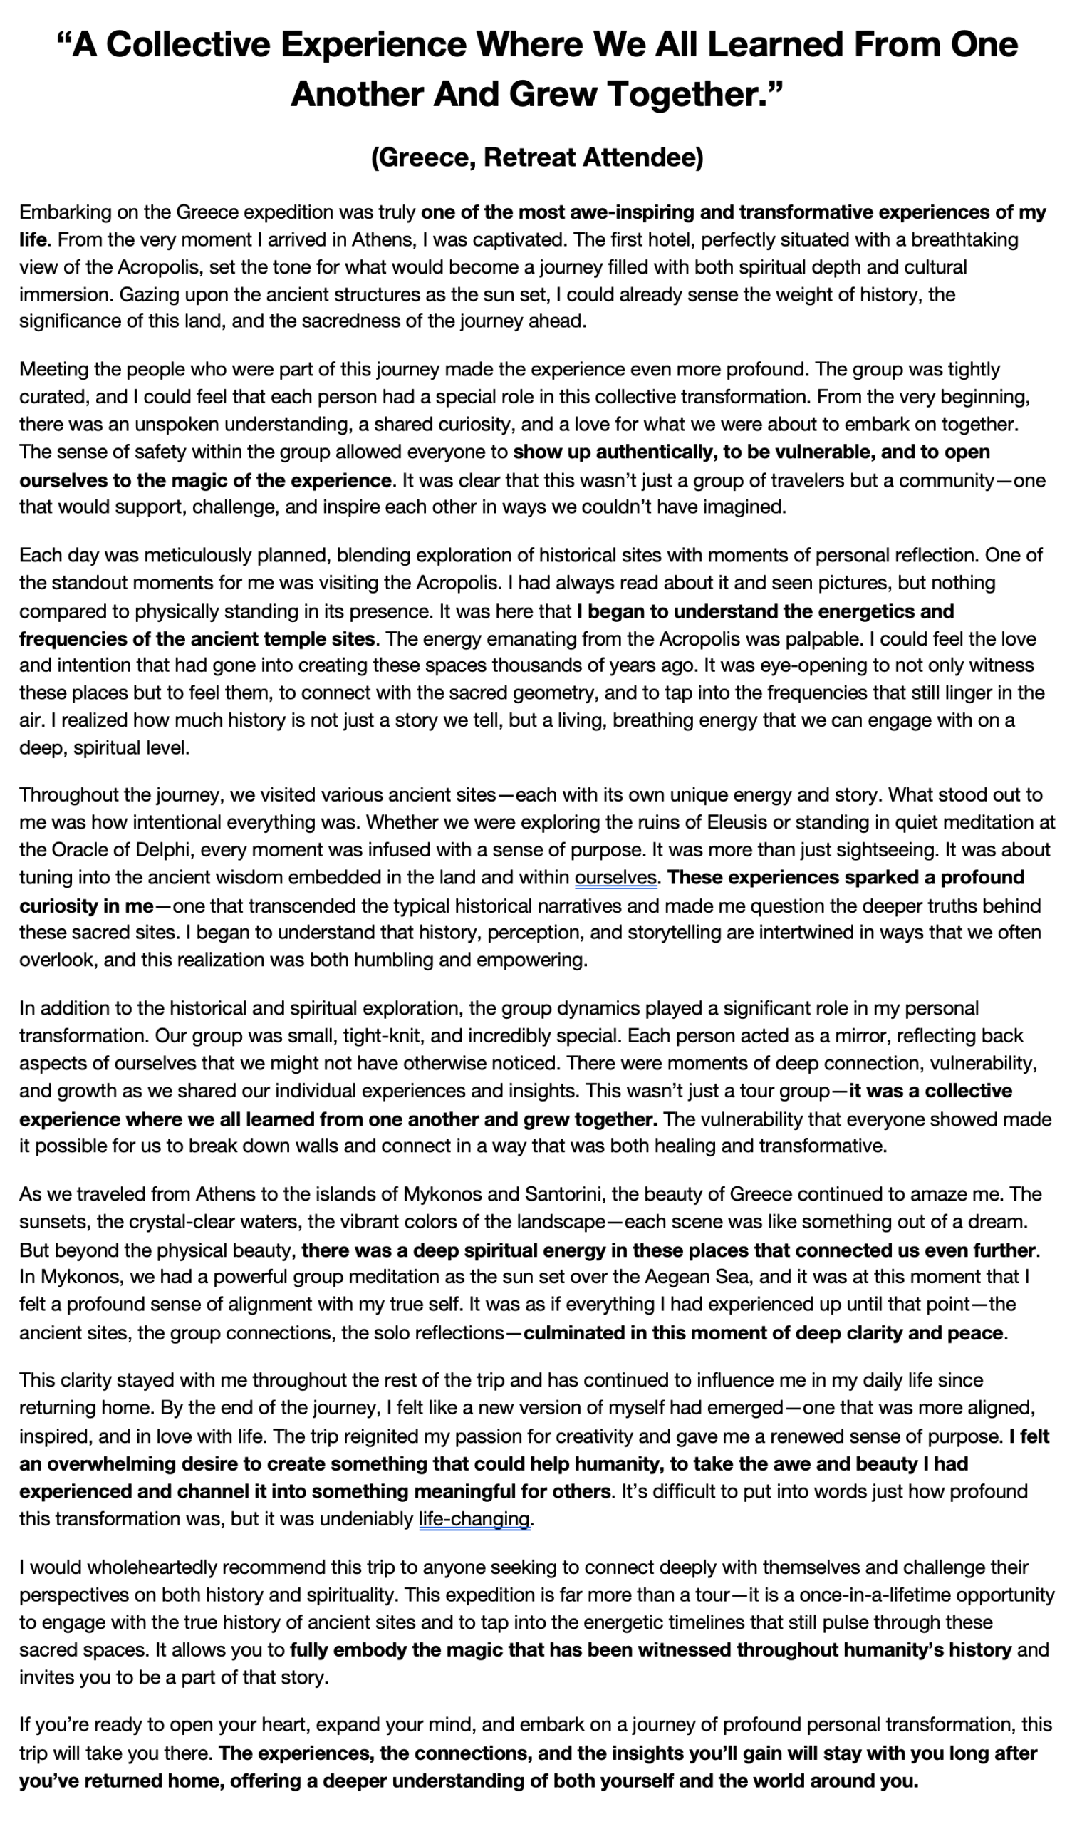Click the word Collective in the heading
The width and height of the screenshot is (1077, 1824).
click(x=188, y=45)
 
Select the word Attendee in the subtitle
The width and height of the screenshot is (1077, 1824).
click(x=643, y=157)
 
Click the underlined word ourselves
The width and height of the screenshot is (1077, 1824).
click(x=615, y=878)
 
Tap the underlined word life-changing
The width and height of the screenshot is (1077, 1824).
click(x=474, y=1519)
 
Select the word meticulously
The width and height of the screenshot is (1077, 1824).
click(x=196, y=555)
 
